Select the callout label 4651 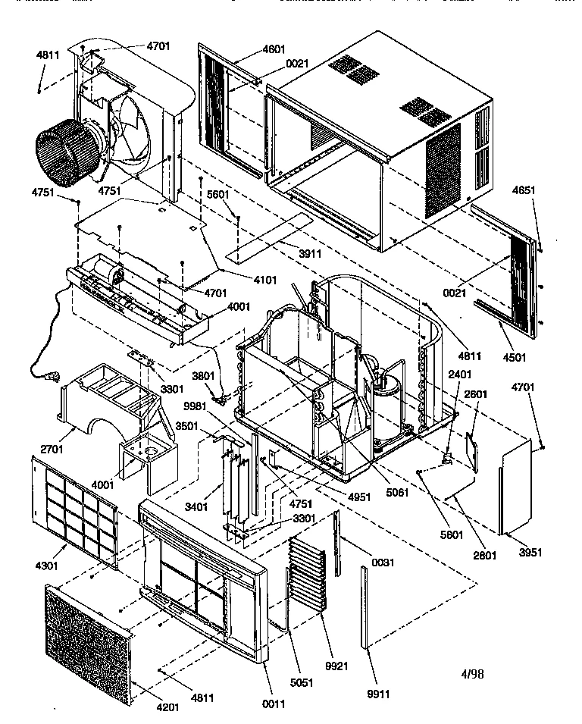(x=525, y=190)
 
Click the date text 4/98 (x=474, y=673)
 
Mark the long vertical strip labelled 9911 (x=368, y=606)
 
